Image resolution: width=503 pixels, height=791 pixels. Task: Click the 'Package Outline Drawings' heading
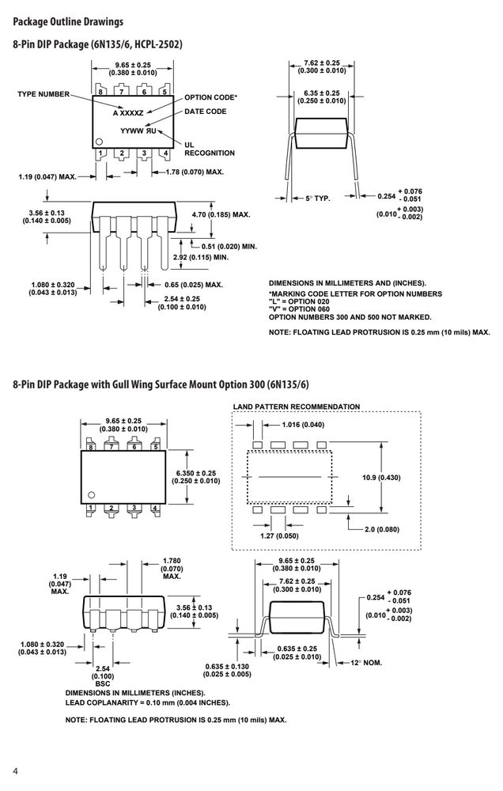68,21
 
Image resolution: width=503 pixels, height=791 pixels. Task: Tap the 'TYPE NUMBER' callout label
43,94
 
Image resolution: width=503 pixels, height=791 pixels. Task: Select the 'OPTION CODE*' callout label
210,97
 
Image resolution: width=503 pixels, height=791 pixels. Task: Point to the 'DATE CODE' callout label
206,112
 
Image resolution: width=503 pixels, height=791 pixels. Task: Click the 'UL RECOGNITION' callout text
210,149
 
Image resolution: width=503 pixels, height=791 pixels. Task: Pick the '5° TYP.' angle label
318,199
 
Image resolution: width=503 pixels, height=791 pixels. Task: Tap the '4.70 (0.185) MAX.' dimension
221,214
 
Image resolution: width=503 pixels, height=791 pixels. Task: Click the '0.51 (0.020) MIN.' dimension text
229,247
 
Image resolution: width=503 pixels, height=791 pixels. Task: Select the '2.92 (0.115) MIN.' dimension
201,257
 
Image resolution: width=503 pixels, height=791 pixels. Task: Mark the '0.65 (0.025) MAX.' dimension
194,285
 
